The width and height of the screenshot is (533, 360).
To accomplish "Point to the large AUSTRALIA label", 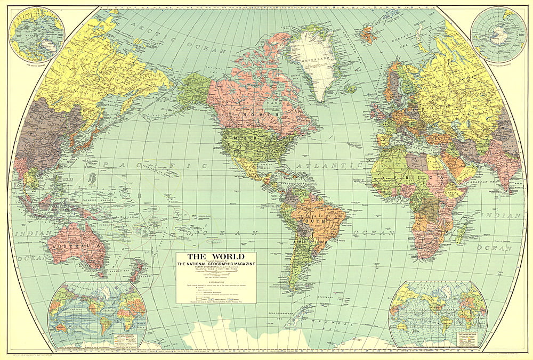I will pos(75,247).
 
